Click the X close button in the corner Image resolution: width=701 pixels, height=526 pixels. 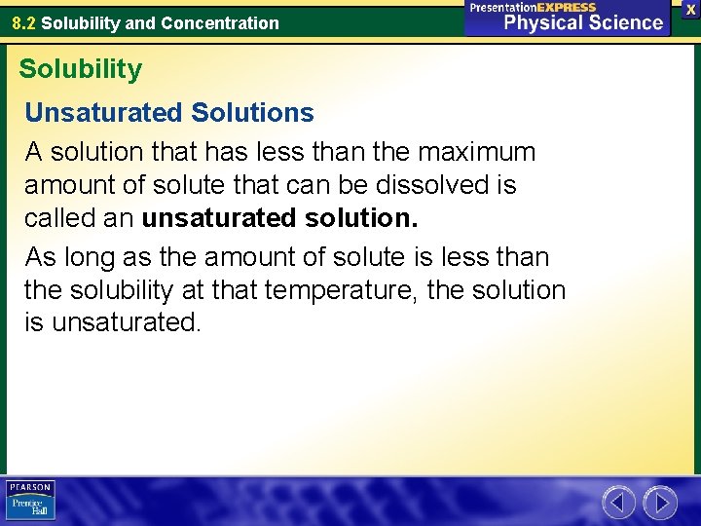click(x=690, y=8)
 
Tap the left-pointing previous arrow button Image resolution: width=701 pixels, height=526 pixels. click(x=618, y=503)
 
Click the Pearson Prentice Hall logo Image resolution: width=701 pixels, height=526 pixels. click(x=30, y=501)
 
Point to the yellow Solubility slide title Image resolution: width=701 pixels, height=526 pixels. click(x=80, y=69)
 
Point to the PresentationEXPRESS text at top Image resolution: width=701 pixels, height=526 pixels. click(x=533, y=7)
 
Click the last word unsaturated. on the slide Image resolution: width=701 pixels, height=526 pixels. click(x=126, y=323)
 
